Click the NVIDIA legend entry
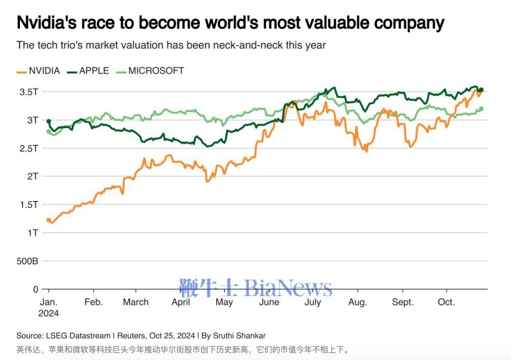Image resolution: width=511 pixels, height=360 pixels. (x=44, y=71)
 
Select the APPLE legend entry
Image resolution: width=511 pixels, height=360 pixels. (x=94, y=71)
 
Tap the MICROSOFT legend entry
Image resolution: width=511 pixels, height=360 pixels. (x=156, y=71)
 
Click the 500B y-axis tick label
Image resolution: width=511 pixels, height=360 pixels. (x=28, y=261)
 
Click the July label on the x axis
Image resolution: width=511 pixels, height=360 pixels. (x=312, y=302)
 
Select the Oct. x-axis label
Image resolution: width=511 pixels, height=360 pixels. (x=446, y=302)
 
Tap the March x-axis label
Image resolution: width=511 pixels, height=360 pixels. (x=136, y=302)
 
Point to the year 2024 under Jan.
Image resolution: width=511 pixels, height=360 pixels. (x=49, y=313)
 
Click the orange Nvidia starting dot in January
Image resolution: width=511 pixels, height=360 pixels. (x=49, y=220)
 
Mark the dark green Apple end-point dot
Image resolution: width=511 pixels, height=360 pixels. (x=481, y=90)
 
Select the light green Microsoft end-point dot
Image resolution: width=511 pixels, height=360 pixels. (x=481, y=108)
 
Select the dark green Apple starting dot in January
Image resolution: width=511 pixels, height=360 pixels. (x=49, y=121)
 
